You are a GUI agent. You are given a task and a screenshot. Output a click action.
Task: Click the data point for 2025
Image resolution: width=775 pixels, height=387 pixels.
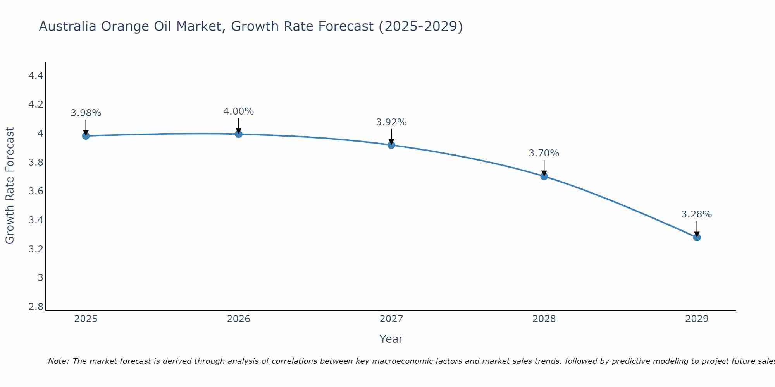point(86,136)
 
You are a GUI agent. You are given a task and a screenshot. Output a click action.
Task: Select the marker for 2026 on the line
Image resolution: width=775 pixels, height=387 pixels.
point(239,134)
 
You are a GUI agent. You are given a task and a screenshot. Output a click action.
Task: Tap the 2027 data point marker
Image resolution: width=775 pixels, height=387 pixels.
point(391,145)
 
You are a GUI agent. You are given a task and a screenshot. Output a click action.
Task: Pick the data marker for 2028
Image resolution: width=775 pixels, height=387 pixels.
point(544,176)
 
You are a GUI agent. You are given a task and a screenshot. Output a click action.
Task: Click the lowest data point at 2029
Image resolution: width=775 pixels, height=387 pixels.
point(697,237)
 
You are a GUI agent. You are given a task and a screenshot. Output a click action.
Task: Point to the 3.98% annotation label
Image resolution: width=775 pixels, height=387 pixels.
point(86,113)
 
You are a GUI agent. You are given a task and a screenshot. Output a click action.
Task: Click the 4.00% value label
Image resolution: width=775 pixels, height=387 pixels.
point(239,111)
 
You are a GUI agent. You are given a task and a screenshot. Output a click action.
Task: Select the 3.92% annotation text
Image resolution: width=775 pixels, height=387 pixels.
point(391,122)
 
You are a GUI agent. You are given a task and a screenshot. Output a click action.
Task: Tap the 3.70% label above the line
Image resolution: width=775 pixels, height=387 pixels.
point(544,153)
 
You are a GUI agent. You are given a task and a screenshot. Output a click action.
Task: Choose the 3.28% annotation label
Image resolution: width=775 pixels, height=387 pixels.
point(697,214)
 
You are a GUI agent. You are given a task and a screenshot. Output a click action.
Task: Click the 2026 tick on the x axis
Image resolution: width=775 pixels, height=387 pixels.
point(239,319)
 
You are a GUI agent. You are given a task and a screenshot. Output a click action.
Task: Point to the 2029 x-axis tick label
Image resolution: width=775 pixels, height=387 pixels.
point(697,319)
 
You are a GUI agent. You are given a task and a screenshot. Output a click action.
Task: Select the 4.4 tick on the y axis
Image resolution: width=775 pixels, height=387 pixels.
point(36,76)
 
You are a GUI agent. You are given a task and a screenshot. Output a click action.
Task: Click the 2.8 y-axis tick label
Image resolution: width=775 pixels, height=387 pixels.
point(36,307)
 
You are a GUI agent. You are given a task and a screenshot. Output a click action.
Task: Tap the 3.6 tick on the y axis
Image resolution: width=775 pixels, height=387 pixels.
point(36,191)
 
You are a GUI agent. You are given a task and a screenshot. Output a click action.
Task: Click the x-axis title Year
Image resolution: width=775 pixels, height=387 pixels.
point(391,339)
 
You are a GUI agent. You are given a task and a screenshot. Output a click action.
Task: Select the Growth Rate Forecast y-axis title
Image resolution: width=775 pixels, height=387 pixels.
point(10,186)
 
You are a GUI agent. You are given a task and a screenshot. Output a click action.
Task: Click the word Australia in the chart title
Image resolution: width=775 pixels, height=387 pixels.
point(68,26)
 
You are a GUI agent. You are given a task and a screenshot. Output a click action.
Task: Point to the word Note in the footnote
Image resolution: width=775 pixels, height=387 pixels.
point(58,361)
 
